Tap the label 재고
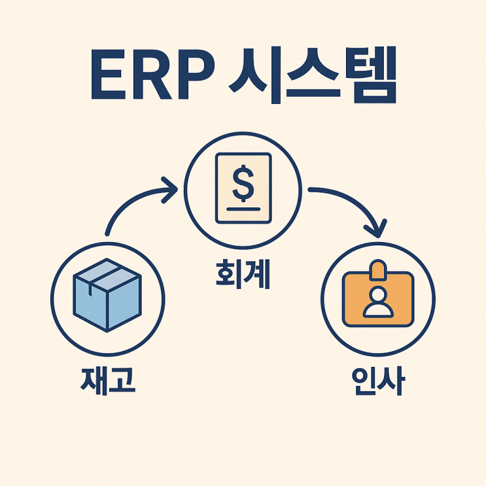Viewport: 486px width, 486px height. (108, 380)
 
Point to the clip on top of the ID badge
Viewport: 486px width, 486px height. (377, 269)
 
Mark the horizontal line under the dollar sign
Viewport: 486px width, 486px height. (243, 209)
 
